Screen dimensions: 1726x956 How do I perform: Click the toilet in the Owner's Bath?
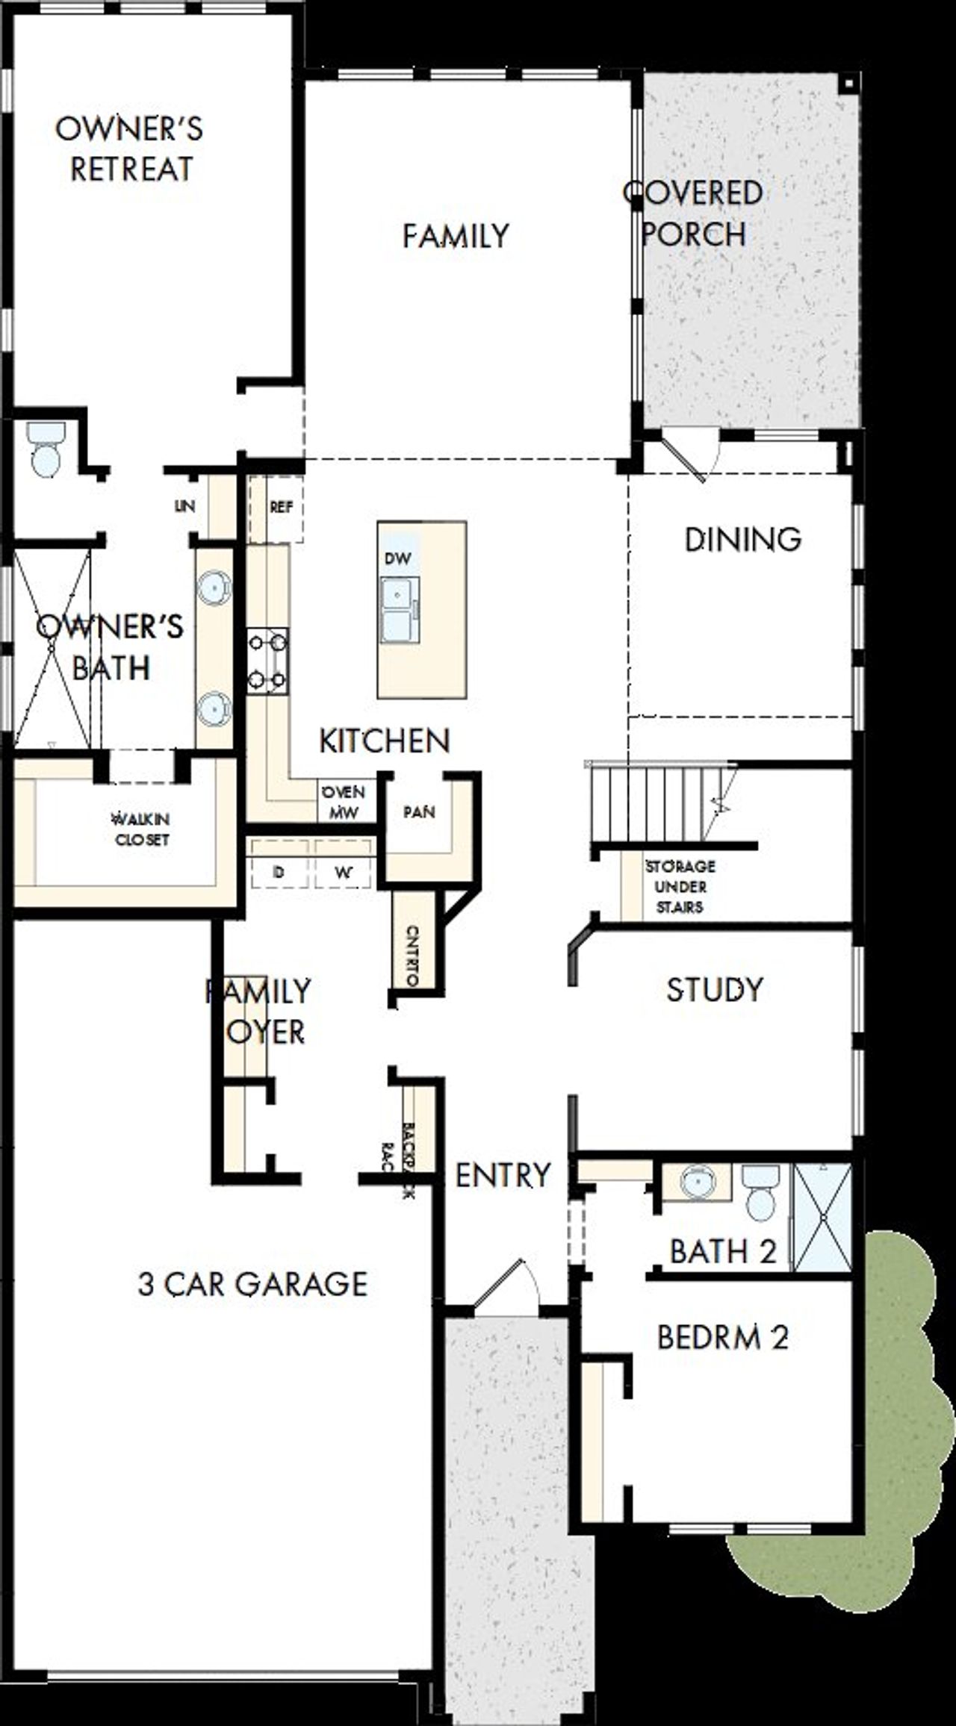(46, 449)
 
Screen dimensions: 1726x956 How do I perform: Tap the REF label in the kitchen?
(281, 508)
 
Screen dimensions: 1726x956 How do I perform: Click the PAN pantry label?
(419, 812)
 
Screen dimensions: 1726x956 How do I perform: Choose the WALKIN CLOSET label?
(141, 829)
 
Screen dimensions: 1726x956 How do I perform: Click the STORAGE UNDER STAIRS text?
(680, 886)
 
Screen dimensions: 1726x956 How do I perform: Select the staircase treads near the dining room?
(650, 805)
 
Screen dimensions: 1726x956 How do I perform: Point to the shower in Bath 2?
(822, 1216)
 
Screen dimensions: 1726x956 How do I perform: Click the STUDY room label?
(715, 990)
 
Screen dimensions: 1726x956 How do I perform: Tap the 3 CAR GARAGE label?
(252, 1284)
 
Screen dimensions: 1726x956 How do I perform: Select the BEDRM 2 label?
(722, 1337)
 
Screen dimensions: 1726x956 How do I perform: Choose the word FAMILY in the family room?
(456, 237)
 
